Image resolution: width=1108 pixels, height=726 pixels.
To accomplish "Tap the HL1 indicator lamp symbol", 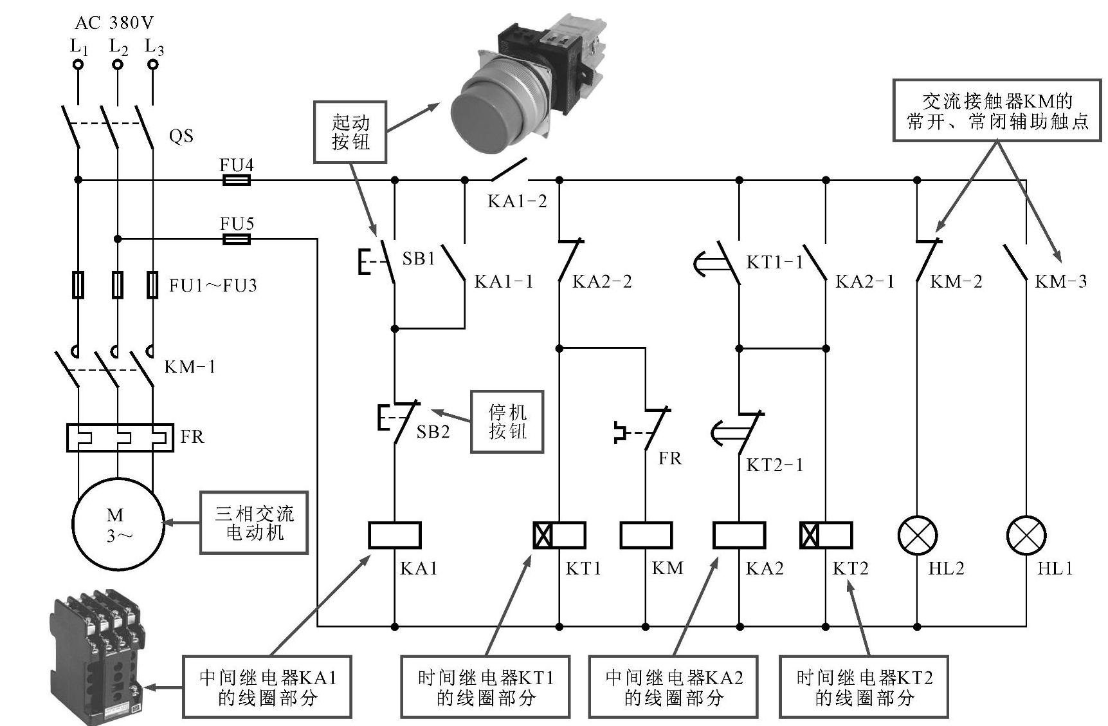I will pyautogui.click(x=1026, y=535).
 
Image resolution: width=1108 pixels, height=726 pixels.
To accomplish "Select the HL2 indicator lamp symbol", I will pyautogui.click(x=917, y=535).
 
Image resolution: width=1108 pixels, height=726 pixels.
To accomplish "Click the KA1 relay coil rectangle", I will pyautogui.click(x=394, y=535).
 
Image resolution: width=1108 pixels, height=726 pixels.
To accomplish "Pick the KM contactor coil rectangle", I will pyautogui.click(x=646, y=535).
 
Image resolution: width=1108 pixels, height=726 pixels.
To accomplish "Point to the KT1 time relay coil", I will pyautogui.click(x=559, y=535).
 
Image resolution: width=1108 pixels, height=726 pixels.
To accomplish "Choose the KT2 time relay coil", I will pyautogui.click(x=826, y=535).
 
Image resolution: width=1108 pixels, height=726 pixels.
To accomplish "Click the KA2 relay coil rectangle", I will pyautogui.click(x=739, y=535).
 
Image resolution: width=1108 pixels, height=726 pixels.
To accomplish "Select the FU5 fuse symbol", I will pyautogui.click(x=236, y=239).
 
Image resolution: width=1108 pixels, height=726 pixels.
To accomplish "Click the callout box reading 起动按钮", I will pyautogui.click(x=350, y=132).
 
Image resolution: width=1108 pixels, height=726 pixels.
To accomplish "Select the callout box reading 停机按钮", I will pyautogui.click(x=507, y=422).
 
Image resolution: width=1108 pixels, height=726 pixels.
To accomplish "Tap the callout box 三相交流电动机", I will pyautogui.click(x=254, y=523).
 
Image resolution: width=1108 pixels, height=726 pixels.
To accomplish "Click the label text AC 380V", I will pyautogui.click(x=114, y=23).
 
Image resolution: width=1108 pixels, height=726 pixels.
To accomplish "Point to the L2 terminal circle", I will pyautogui.click(x=118, y=65).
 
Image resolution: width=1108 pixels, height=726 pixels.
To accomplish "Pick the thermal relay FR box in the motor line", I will pyautogui.click(x=120, y=437).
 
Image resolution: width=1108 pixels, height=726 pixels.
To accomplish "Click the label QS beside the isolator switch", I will pyautogui.click(x=181, y=136).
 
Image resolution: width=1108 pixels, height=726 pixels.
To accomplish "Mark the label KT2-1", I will pyautogui.click(x=774, y=465).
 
